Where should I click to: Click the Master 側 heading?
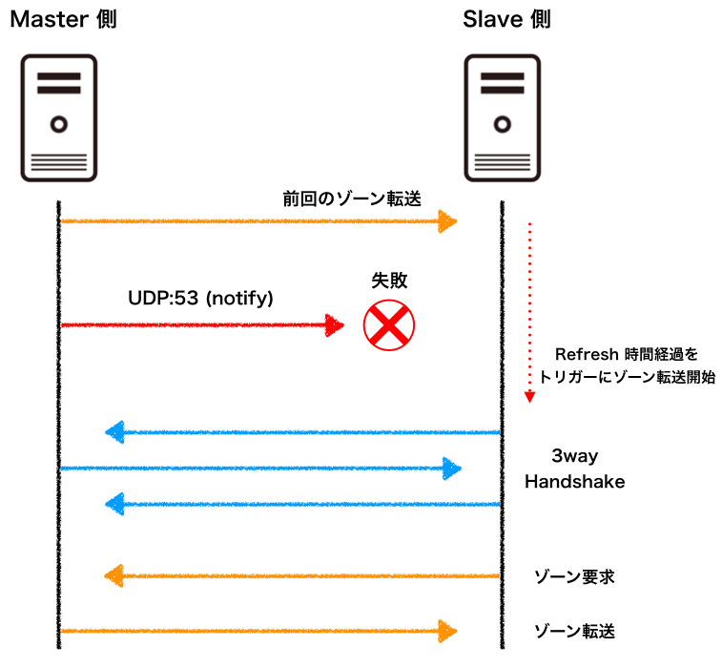pyautogui.click(x=64, y=19)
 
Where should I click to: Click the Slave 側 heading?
pyautogui.click(x=506, y=19)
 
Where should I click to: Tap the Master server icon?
pyautogui.click(x=59, y=115)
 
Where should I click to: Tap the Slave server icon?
pyautogui.click(x=502, y=115)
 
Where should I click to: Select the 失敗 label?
pyautogui.click(x=388, y=282)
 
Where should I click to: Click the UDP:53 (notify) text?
pyautogui.click(x=201, y=299)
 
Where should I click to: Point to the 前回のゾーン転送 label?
pyautogui.click(x=352, y=198)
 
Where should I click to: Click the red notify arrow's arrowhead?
pyautogui.click(x=334, y=325)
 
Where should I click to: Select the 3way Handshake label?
pyautogui.click(x=574, y=469)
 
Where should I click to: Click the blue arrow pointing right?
pyautogui.click(x=258, y=469)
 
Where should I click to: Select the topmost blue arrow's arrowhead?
pyautogui.click(x=114, y=433)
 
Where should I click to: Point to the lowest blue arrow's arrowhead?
pyautogui.click(x=114, y=503)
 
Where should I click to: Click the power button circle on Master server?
pyautogui.click(x=59, y=123)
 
